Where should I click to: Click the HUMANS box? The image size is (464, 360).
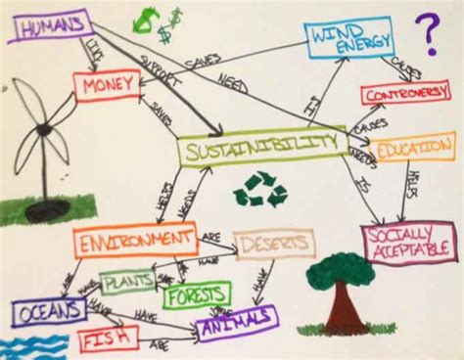coord(49,26)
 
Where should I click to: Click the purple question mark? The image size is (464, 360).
coord(427,34)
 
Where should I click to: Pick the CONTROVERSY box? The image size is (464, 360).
coord(404,95)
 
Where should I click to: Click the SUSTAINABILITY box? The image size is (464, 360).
coord(261,148)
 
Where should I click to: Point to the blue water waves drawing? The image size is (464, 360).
coord(24,344)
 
